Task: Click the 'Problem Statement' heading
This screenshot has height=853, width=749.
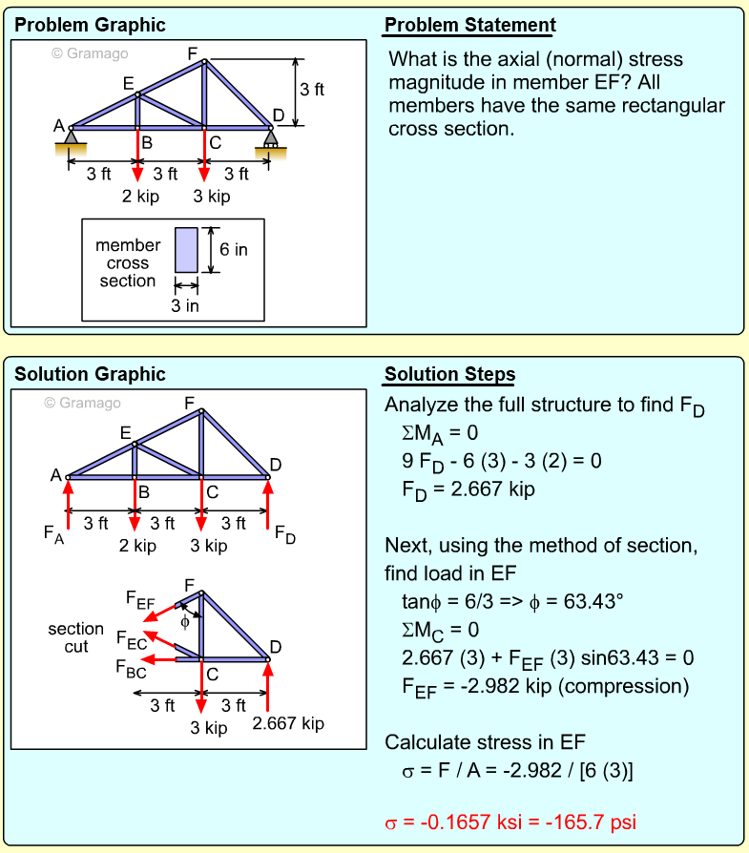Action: coord(469,25)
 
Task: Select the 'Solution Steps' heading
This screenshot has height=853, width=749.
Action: coord(449,374)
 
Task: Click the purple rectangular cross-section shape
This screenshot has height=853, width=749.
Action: coord(186,250)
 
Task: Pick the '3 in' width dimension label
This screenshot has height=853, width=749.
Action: coord(185,305)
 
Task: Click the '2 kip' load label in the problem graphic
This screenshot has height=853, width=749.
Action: coord(140,197)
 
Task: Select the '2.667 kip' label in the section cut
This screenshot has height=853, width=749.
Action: coord(288,723)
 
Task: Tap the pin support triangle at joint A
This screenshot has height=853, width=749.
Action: coord(71,140)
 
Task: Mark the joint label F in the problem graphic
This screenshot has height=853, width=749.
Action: coord(193,53)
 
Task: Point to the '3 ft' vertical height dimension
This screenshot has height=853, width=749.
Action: coord(312,90)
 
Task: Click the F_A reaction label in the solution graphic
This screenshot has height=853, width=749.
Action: coord(54,534)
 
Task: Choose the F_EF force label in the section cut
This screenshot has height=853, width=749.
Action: coord(139,599)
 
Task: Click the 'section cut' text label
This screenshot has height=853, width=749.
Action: coord(75,637)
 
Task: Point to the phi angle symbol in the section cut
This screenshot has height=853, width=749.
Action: coord(185,622)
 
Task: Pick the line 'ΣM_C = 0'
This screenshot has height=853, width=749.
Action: coord(440,630)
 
